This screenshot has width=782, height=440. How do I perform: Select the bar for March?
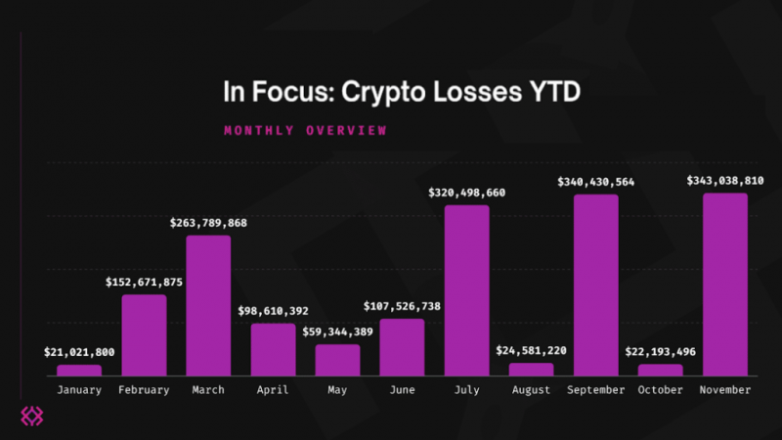pos(208,305)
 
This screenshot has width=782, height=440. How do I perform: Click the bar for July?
pos(466,290)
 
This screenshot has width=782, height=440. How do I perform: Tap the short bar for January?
pos(79,370)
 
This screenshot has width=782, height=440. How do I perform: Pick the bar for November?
pos(725,284)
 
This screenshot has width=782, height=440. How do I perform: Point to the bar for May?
pos(337,360)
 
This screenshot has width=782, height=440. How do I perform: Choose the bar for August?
pos(531,369)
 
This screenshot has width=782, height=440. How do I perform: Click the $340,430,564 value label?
pos(595,182)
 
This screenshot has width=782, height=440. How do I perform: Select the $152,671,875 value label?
pos(144,282)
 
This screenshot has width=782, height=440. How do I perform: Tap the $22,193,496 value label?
pos(660,351)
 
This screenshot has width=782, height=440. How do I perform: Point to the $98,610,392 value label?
pos(273,311)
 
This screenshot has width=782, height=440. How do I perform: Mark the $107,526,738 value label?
pos(402,306)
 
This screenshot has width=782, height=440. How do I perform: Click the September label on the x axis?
pos(595,390)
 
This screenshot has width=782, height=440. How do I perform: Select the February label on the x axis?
pos(144,390)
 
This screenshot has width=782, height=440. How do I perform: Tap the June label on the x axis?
pos(402,390)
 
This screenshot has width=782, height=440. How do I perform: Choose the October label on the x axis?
pos(660,390)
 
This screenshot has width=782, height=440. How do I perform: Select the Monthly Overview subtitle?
pos(305,130)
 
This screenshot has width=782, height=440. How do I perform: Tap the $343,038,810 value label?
pos(725,181)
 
